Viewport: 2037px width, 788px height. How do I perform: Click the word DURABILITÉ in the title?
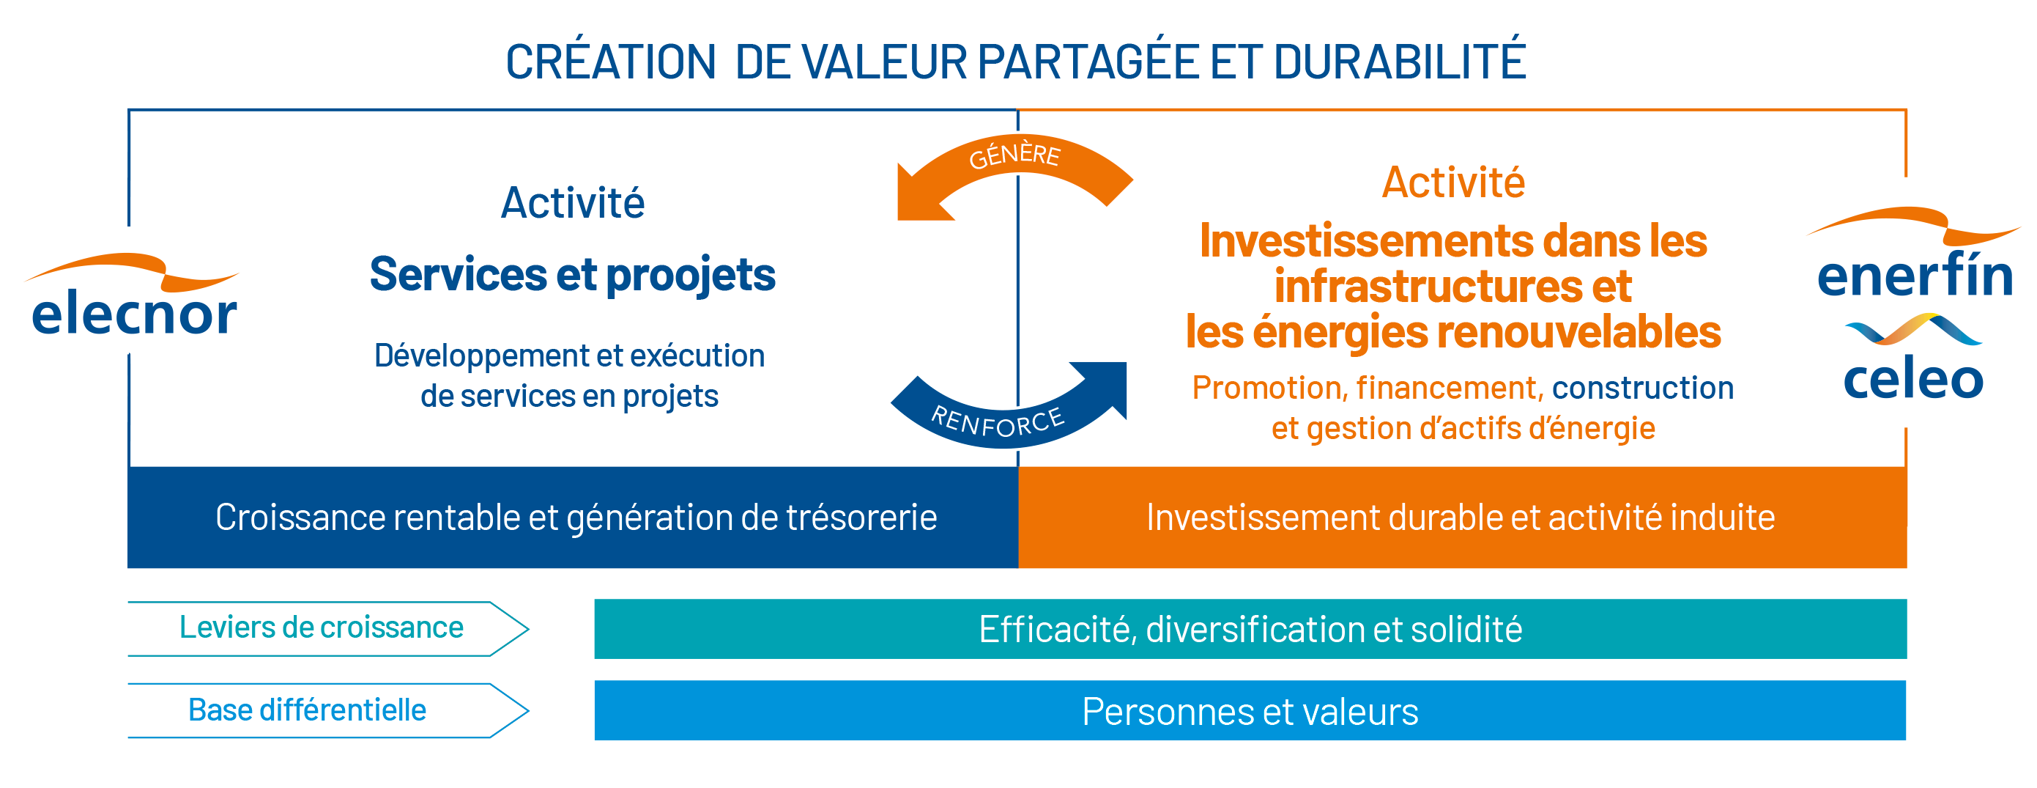[1399, 61]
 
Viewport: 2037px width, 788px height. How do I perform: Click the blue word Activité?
[573, 202]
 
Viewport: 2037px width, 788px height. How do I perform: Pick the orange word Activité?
[1453, 182]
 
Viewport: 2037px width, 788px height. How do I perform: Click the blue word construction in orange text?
[1642, 388]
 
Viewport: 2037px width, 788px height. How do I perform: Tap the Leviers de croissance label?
[321, 627]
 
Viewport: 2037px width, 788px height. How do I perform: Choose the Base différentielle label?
[307, 710]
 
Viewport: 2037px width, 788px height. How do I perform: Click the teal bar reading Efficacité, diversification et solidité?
[1250, 629]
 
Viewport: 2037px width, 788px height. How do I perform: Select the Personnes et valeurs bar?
[1250, 710]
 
